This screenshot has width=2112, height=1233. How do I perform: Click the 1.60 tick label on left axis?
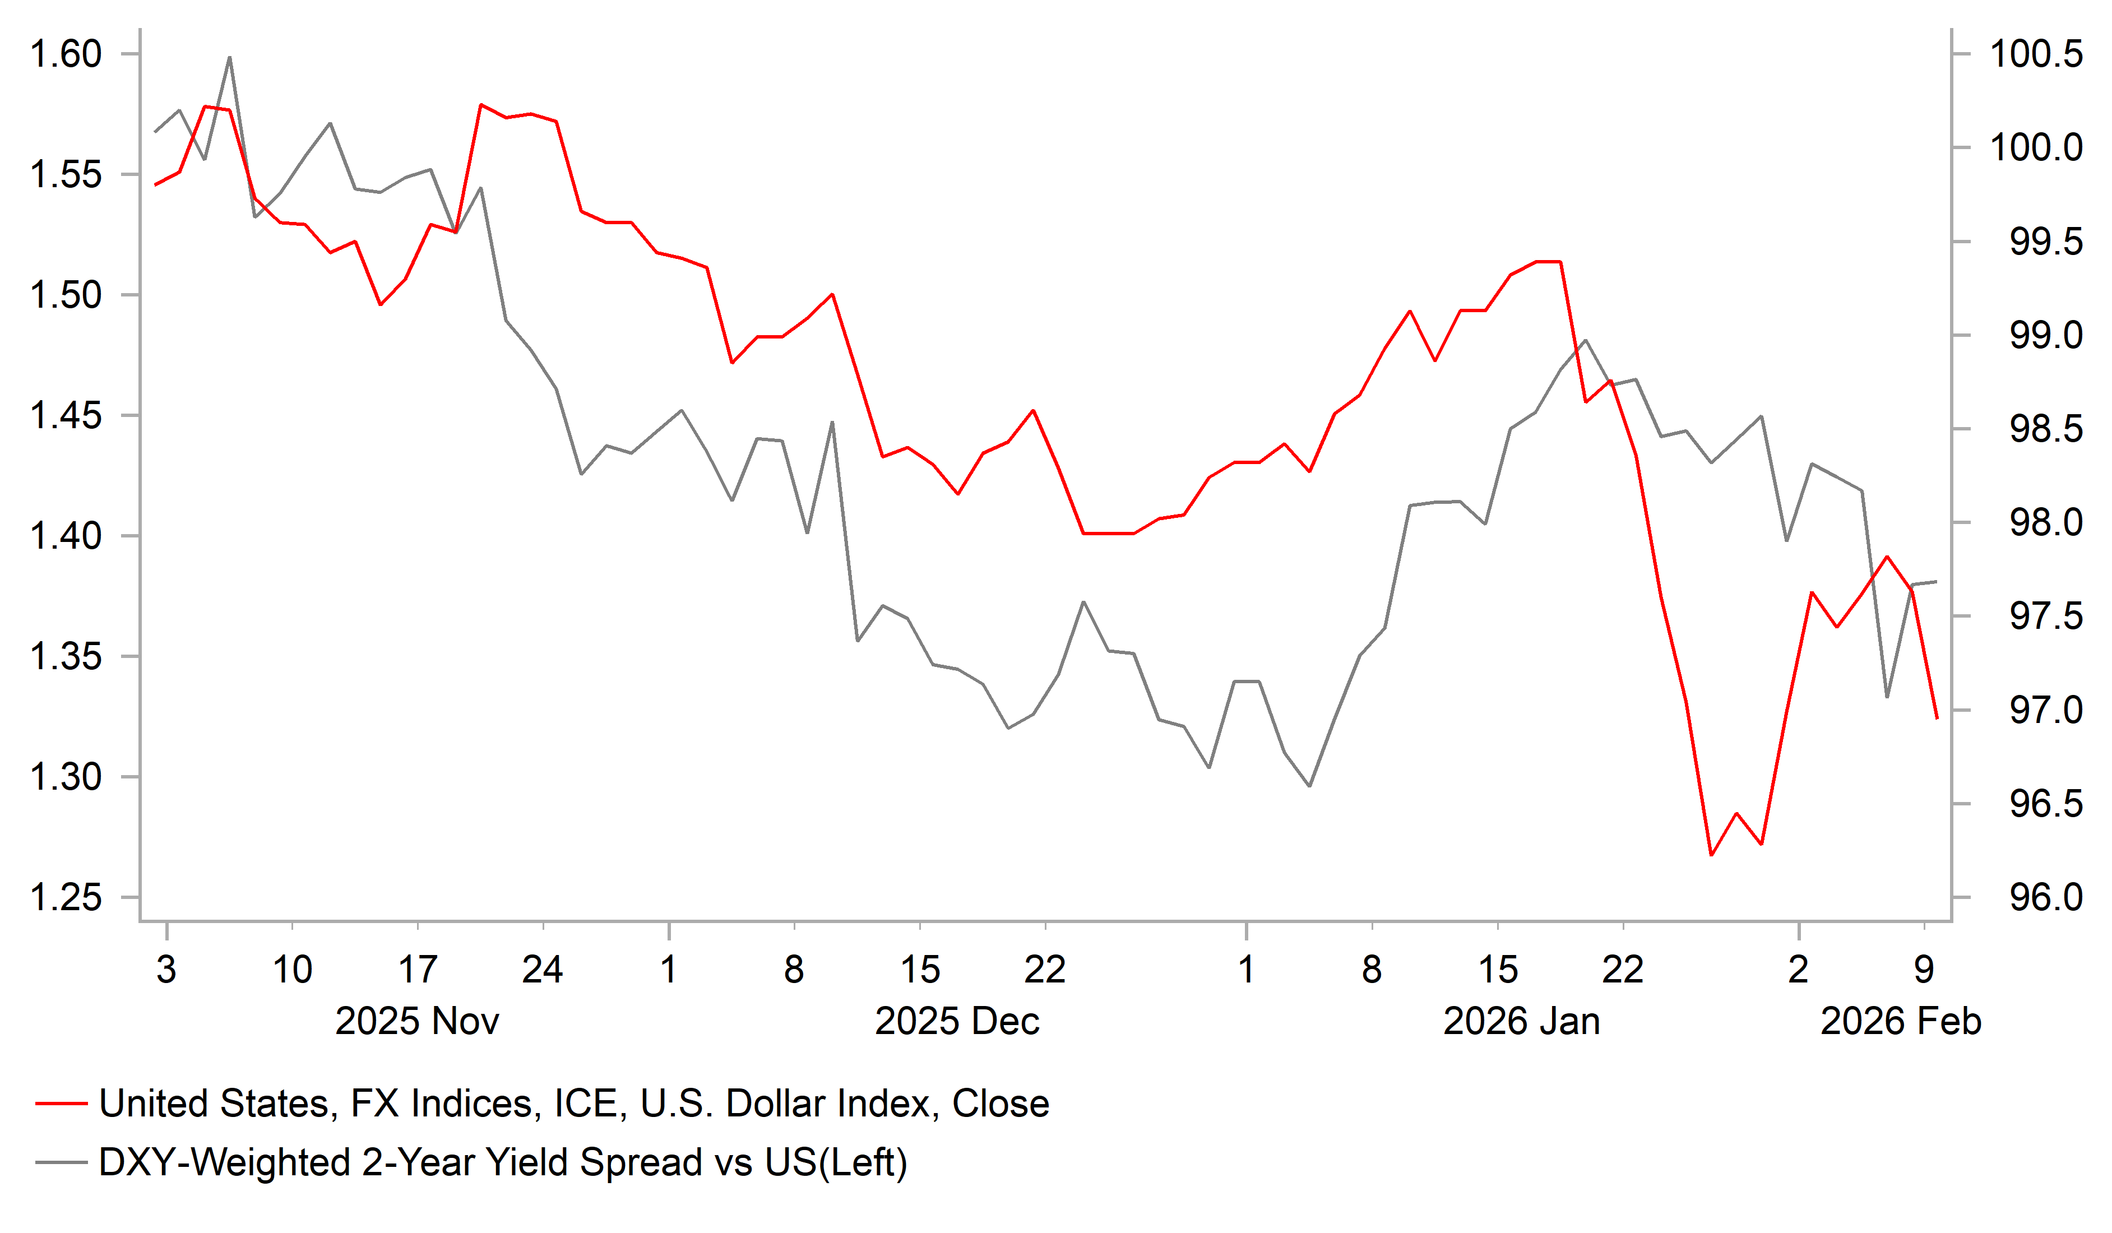pos(66,54)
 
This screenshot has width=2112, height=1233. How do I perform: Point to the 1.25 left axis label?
pos(66,898)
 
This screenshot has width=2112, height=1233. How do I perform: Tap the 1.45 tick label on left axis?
pos(66,416)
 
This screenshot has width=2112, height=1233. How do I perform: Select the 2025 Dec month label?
pos(957,1022)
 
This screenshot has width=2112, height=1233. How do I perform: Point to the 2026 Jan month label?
pos(1521,1022)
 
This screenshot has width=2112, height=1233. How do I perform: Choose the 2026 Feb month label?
pos(1901,1022)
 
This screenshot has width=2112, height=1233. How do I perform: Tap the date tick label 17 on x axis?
pos(418,970)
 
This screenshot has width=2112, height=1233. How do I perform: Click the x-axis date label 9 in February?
pos(1924,970)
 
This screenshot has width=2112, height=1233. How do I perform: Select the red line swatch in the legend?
pos(61,1104)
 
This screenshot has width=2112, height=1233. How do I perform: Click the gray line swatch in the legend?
pos(61,1162)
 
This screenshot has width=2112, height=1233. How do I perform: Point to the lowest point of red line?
pos(1711,855)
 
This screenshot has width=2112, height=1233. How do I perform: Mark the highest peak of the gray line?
pos(230,57)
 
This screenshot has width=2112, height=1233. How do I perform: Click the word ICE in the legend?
pos(589,1104)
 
